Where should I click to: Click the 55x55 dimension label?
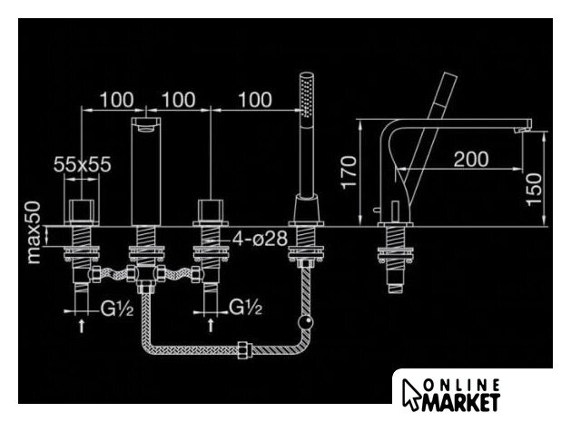82,164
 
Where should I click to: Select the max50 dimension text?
34,232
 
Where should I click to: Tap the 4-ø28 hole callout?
260,239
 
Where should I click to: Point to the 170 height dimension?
349,172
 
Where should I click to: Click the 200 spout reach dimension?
471,159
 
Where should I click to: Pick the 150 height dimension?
534,190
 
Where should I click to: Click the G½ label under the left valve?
117,309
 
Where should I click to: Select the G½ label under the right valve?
245,308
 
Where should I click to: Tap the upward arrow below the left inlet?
82,325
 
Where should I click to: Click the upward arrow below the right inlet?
211,325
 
